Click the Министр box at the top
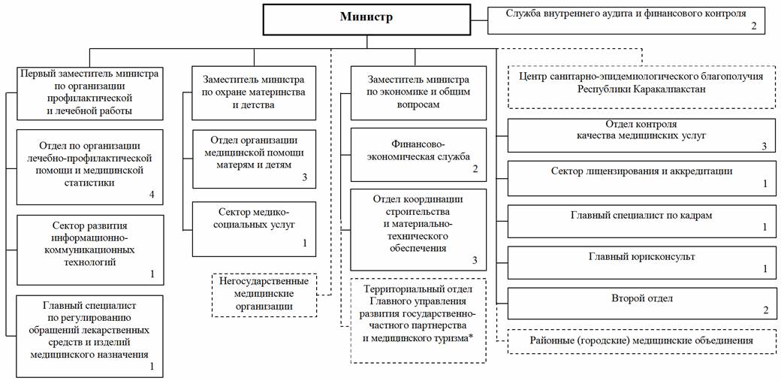[366, 20]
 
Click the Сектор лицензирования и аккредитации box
[642, 178]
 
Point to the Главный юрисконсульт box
[642, 262]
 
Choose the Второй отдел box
[642, 304]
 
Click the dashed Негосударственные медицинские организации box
[264, 295]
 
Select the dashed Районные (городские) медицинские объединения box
[642, 341]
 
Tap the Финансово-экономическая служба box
[418, 155]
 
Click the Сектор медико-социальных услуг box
[254, 229]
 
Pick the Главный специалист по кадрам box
[642, 220]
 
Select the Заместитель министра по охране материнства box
[254, 92]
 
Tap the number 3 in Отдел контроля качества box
[764, 146]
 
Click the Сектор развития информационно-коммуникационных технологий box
[90, 249]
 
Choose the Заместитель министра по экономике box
[418, 92]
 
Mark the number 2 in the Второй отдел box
[766, 310]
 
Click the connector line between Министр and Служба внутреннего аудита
[479, 20]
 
